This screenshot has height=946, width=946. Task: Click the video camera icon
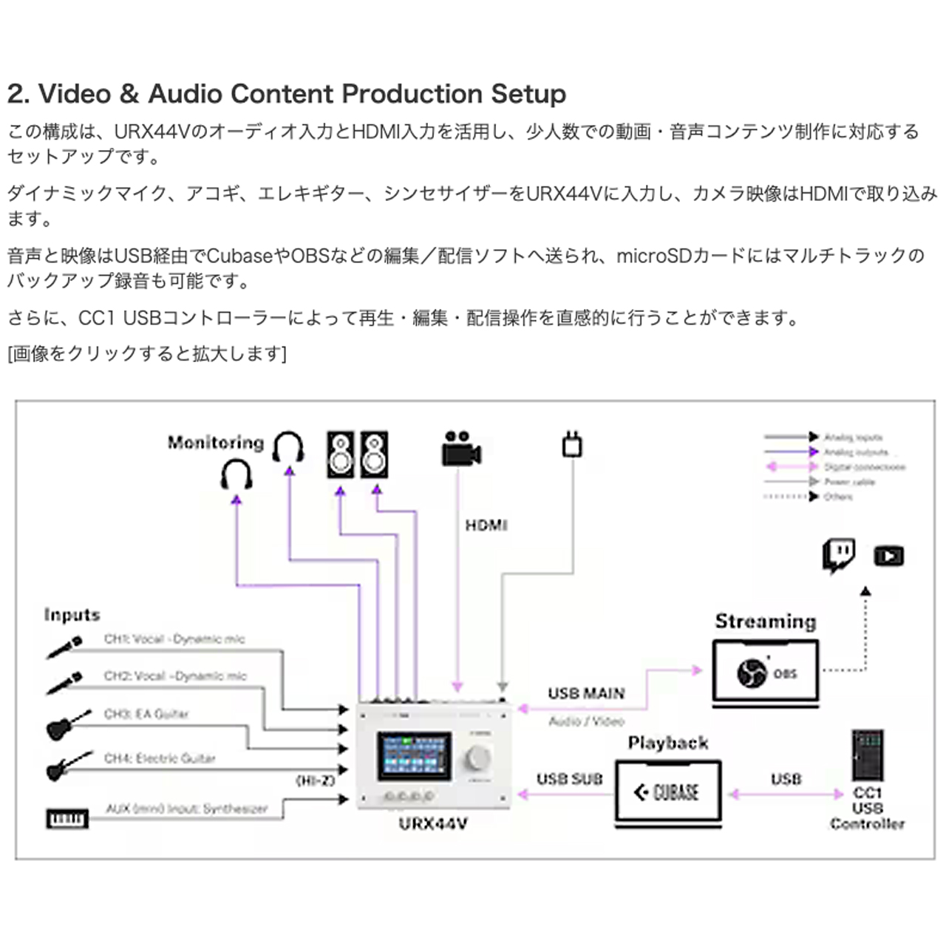click(x=461, y=448)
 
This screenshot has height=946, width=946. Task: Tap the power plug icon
click(x=572, y=443)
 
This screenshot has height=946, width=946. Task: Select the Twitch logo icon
click(x=839, y=555)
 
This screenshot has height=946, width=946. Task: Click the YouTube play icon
click(x=888, y=555)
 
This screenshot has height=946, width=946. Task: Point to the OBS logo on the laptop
click(x=752, y=672)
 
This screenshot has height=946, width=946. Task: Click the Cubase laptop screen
click(x=667, y=792)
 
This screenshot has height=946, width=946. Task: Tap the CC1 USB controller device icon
click(x=867, y=755)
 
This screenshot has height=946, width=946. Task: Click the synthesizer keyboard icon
click(x=67, y=818)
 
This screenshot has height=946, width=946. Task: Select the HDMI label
click(x=486, y=525)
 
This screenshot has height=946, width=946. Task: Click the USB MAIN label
click(x=586, y=693)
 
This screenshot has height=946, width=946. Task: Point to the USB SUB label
click(x=570, y=779)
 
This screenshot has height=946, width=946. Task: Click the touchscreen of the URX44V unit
click(x=414, y=755)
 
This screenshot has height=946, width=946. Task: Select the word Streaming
click(x=766, y=622)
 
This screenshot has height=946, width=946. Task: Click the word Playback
click(x=668, y=743)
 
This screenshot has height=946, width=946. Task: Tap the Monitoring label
click(x=215, y=443)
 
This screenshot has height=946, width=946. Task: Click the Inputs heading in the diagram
click(x=72, y=615)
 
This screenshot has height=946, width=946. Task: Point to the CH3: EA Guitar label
click(x=146, y=714)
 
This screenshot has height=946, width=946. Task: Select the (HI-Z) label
click(x=316, y=780)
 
